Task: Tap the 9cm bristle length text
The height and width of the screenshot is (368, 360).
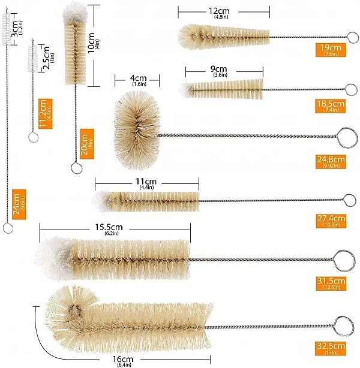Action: tap(223, 69)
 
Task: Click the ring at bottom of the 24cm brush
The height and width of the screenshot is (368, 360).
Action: tap(7, 228)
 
